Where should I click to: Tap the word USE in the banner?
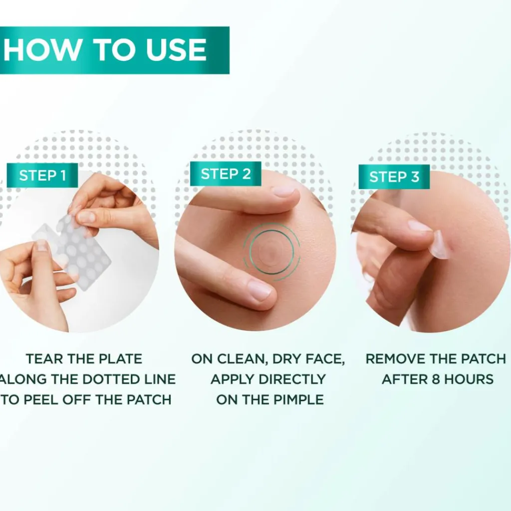tap(176, 50)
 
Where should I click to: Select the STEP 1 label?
tap(42, 175)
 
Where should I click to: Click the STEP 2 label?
tap(226, 174)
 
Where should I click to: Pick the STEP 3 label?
tap(394, 177)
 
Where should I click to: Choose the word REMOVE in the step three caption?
tap(396, 359)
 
